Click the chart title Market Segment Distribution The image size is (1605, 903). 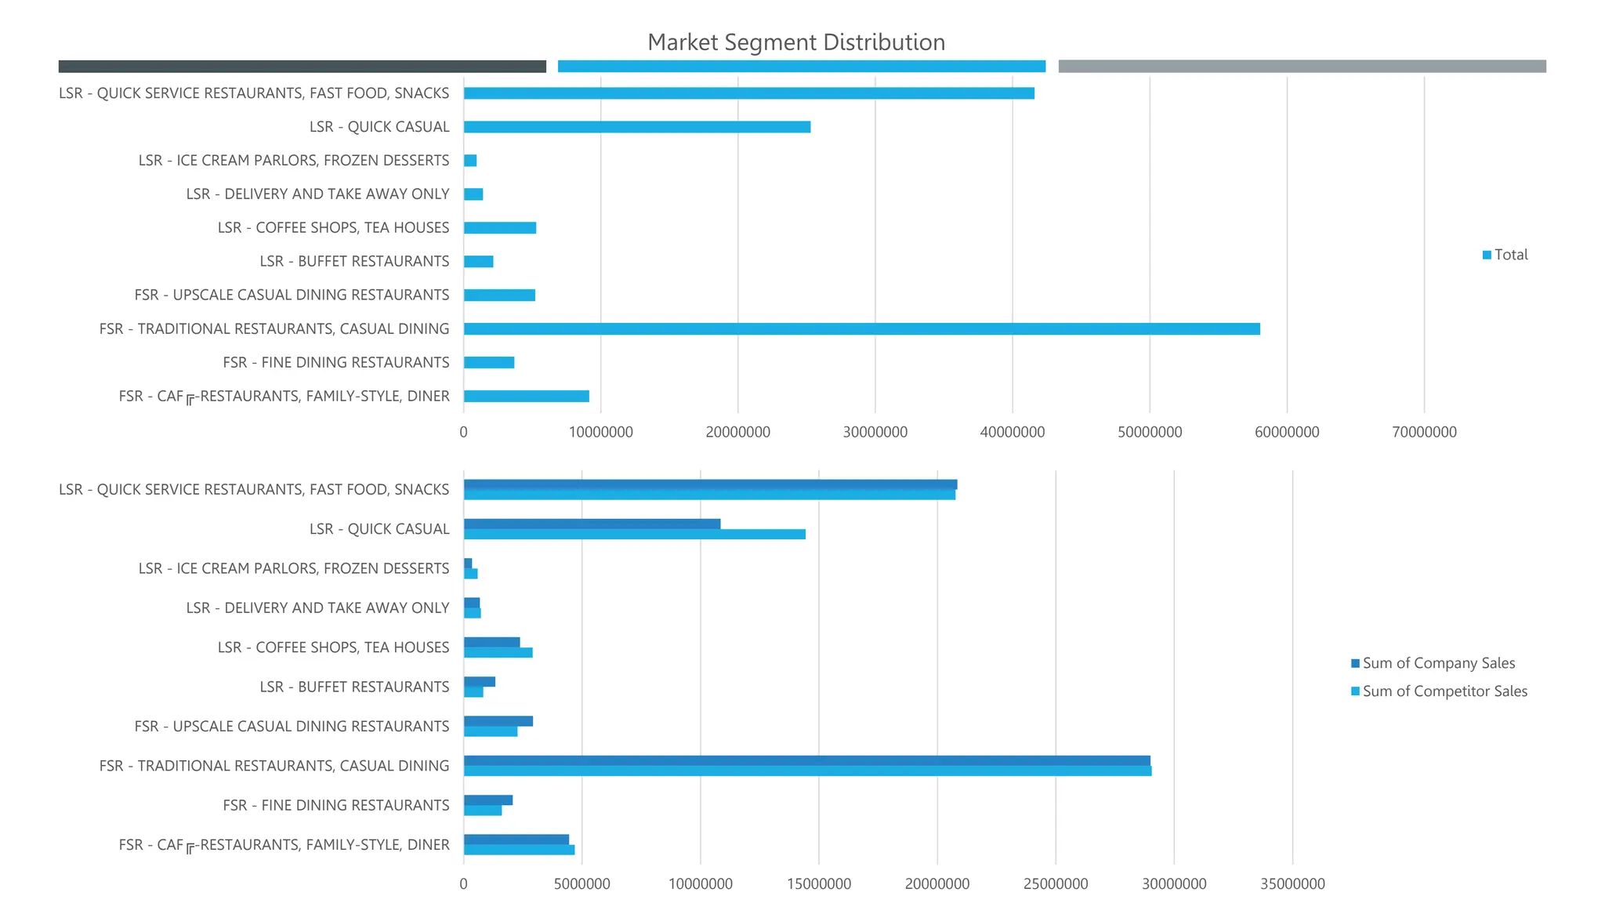tap(796, 42)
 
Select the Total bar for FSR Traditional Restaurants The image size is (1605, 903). tap(861, 329)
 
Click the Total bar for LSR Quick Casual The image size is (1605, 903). tap(636, 127)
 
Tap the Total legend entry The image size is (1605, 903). tap(1505, 255)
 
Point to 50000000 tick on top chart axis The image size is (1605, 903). tap(1150, 432)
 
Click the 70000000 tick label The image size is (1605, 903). tap(1424, 432)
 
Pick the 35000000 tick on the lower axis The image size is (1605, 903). tap(1292, 884)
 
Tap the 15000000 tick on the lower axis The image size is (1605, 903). tap(819, 884)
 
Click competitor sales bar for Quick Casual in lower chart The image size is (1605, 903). tap(634, 535)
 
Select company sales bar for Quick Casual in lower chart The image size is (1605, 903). tap(592, 524)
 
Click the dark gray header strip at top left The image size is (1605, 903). tap(302, 67)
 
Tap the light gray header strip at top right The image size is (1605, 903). tap(1302, 67)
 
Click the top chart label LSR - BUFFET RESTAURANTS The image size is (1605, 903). tap(354, 262)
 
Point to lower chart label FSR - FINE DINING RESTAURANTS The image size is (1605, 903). tap(335, 806)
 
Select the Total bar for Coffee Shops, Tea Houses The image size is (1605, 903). tap(499, 228)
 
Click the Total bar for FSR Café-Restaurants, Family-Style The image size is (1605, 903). tap(526, 397)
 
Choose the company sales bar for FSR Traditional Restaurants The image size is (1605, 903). tap(806, 760)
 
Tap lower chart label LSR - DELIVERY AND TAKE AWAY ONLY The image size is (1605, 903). tap(317, 608)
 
